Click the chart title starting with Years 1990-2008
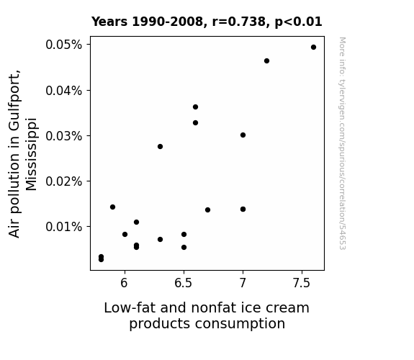click(x=207, y=22)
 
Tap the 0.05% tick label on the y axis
click(x=63, y=45)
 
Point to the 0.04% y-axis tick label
click(x=63, y=91)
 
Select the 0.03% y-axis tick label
click(x=63, y=136)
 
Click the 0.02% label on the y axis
click(x=63, y=181)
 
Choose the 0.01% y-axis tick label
click(x=63, y=227)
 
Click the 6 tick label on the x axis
click(x=124, y=283)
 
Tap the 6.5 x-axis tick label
click(x=183, y=283)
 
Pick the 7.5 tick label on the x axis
click(x=302, y=283)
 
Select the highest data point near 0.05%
click(x=313, y=48)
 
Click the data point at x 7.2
click(x=266, y=61)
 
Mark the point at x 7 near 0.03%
click(x=243, y=135)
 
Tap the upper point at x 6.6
click(x=195, y=107)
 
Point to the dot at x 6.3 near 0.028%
click(x=160, y=147)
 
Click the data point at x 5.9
click(x=112, y=207)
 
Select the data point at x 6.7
click(x=207, y=210)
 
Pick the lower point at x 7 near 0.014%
click(x=243, y=210)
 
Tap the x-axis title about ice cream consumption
click(x=207, y=315)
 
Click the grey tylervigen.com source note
click(x=342, y=143)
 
